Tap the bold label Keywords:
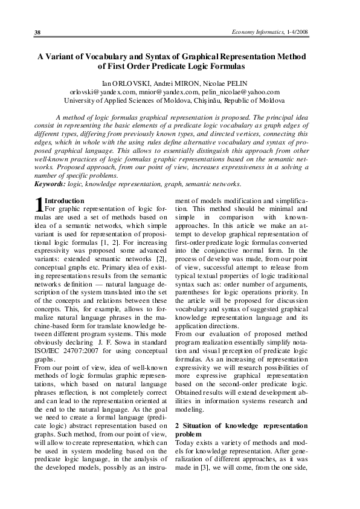pos(50,184)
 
